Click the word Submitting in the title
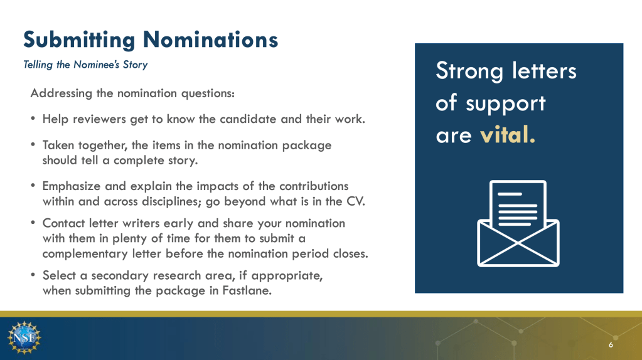[79, 41]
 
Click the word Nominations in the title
[210, 40]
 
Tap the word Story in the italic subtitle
[135, 65]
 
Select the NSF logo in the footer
[24, 337]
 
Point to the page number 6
[611, 345]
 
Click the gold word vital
[507, 135]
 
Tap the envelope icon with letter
[518, 223]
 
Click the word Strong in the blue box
[469, 71]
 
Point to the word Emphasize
[72, 186]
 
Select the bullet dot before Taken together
[33, 144]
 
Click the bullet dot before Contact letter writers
[33, 223]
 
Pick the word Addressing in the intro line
[62, 93]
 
